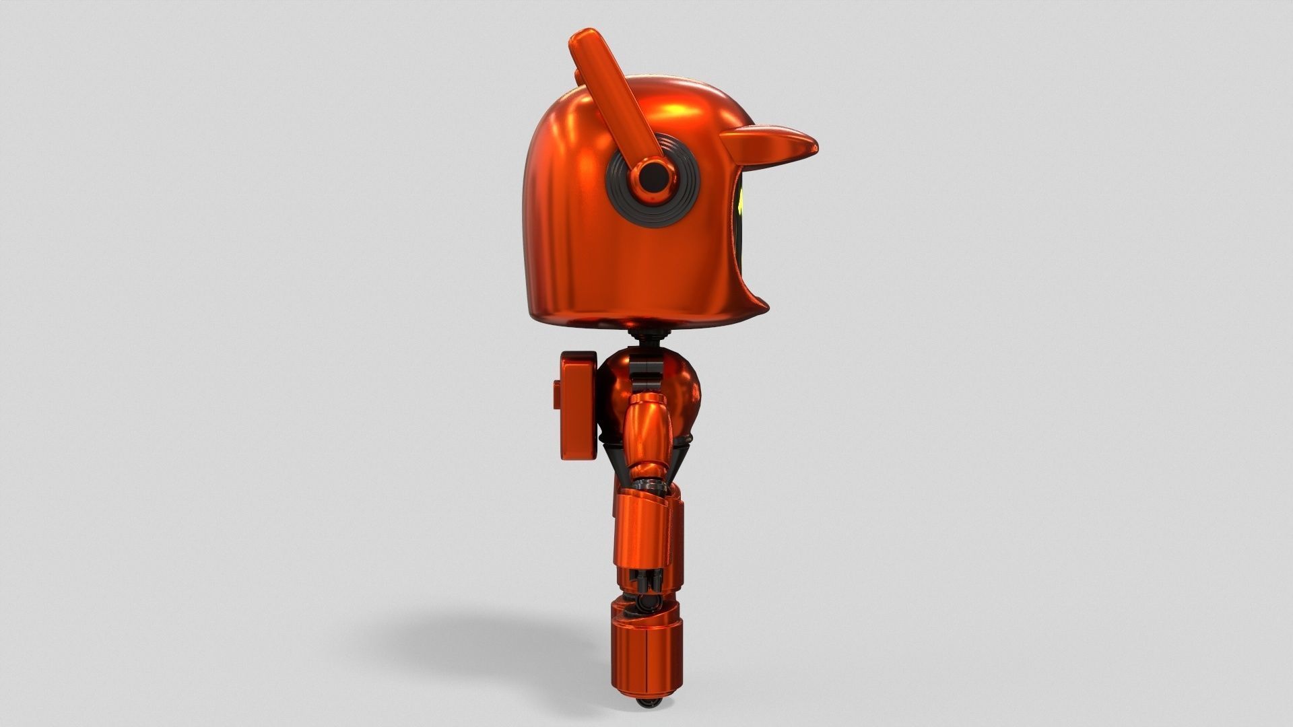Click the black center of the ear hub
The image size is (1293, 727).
tap(651, 178)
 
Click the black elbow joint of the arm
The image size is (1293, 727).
tap(648, 485)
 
